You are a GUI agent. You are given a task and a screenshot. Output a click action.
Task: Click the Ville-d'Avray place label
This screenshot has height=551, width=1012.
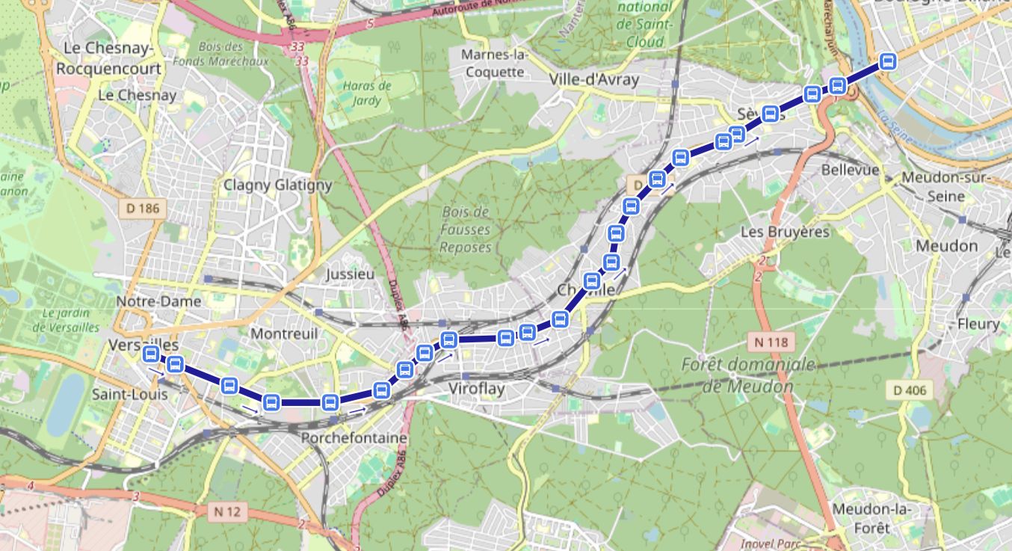[x=594, y=79]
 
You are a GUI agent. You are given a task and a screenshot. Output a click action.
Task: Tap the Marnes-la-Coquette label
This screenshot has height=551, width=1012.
[x=494, y=64]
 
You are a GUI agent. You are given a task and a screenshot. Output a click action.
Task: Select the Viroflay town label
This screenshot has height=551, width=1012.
[x=477, y=389]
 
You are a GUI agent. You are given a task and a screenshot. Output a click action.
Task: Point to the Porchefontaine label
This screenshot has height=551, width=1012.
[x=354, y=437]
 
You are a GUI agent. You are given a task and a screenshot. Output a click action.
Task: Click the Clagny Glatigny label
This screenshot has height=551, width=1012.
[x=277, y=185]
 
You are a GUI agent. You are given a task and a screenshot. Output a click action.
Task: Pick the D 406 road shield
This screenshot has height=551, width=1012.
[x=910, y=390]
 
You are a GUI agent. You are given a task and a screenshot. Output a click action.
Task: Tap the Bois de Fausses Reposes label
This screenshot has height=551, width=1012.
[x=466, y=230]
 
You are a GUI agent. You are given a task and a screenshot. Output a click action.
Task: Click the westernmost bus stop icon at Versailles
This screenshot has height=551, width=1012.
[x=150, y=354]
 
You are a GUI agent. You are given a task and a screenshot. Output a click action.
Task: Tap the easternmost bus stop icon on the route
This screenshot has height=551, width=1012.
[x=888, y=61]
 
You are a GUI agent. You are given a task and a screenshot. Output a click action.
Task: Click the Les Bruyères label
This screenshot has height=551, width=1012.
[x=785, y=232]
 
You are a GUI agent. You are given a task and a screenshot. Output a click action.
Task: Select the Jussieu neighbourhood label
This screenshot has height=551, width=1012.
[x=350, y=274]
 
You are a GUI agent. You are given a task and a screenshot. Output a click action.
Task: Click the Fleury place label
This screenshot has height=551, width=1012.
[x=978, y=324]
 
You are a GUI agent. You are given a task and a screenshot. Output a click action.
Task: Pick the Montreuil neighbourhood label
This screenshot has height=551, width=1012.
[x=283, y=333]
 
